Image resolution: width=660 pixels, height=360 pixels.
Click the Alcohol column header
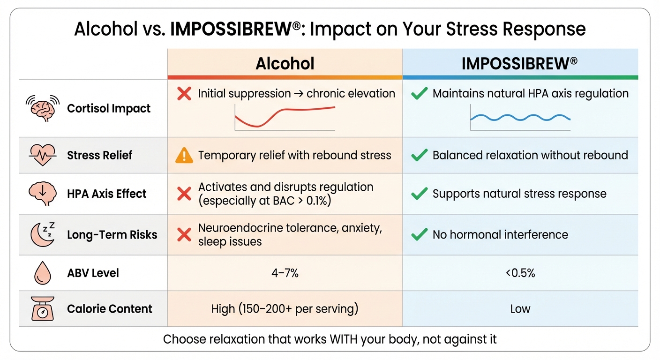click(x=285, y=64)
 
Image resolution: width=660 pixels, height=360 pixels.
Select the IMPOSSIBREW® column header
click(x=519, y=64)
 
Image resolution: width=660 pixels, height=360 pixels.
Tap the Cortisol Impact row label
click(x=109, y=108)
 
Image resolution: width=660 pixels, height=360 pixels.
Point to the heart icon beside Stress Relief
click(x=43, y=155)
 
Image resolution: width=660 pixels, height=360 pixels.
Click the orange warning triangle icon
click(x=184, y=156)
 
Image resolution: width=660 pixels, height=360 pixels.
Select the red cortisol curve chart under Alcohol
click(x=285, y=117)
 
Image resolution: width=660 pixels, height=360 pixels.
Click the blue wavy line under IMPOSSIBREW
click(x=520, y=117)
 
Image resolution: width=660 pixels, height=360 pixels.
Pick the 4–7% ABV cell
click(x=285, y=273)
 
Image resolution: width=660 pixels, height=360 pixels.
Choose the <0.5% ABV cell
click(x=520, y=273)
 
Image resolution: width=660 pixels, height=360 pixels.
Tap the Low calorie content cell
click(x=520, y=309)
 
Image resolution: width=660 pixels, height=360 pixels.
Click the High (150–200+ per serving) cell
click(x=285, y=309)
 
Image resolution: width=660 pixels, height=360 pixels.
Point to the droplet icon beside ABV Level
click(x=43, y=273)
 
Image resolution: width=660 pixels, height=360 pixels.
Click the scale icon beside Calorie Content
click(x=43, y=308)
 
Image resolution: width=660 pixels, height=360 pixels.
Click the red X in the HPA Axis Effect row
click(x=184, y=194)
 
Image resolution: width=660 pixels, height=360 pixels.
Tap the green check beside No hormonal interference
click(x=419, y=234)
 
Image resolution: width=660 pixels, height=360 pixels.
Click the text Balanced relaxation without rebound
click(x=530, y=155)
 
